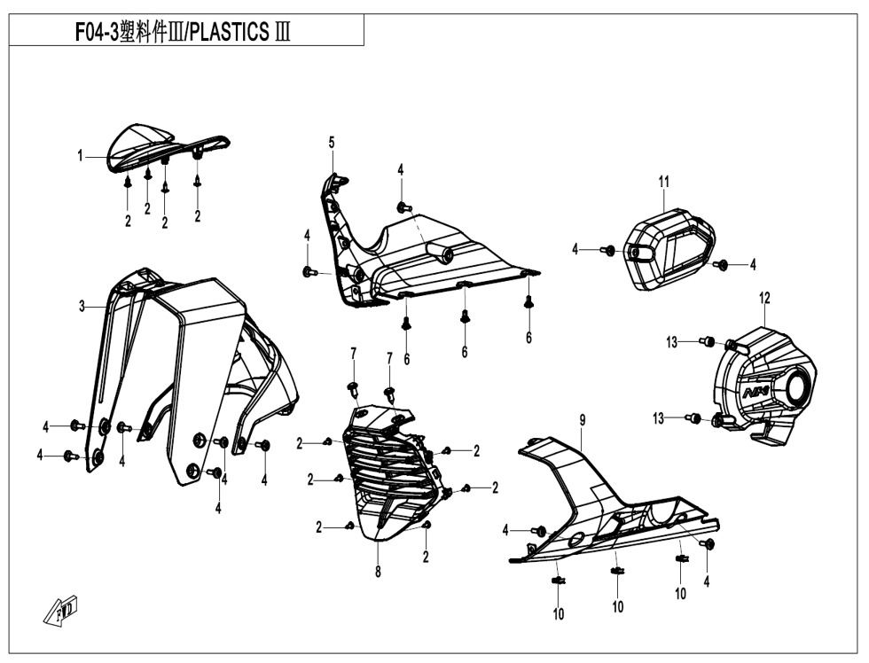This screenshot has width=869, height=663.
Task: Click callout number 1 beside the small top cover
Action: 80,156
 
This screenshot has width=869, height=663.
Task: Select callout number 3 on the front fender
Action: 82,307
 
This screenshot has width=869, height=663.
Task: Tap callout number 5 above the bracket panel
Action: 332,142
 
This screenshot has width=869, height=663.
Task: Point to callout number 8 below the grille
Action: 378,572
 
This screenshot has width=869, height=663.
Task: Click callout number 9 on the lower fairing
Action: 583,419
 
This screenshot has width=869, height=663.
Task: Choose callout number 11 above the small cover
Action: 663,182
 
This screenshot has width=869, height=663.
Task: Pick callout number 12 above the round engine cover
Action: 764,299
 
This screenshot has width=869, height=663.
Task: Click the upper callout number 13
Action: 672,341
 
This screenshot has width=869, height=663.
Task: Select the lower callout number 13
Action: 659,418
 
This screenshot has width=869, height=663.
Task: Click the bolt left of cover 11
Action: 608,251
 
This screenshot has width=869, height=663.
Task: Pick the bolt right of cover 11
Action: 721,264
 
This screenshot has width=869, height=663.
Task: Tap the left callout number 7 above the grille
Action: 353,355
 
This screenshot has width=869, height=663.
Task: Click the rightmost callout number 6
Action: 528,338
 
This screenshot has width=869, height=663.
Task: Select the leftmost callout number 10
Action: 559,613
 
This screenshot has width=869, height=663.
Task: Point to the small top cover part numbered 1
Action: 142,146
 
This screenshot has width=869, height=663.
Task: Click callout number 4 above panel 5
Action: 401,169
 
